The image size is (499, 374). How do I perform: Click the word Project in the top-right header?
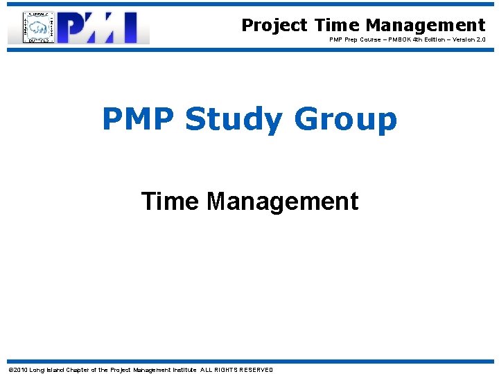274,26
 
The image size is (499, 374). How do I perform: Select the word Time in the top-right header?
337,26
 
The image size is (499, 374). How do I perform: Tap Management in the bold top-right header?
426,26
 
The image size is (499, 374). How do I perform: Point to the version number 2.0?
480,40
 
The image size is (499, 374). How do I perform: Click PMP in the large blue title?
139,118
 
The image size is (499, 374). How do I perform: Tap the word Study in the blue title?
234,120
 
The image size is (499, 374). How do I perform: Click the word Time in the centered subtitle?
170,202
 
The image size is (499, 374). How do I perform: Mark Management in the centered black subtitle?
283,202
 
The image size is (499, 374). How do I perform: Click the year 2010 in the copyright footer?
20,370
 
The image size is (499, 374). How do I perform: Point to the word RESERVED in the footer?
254,370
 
